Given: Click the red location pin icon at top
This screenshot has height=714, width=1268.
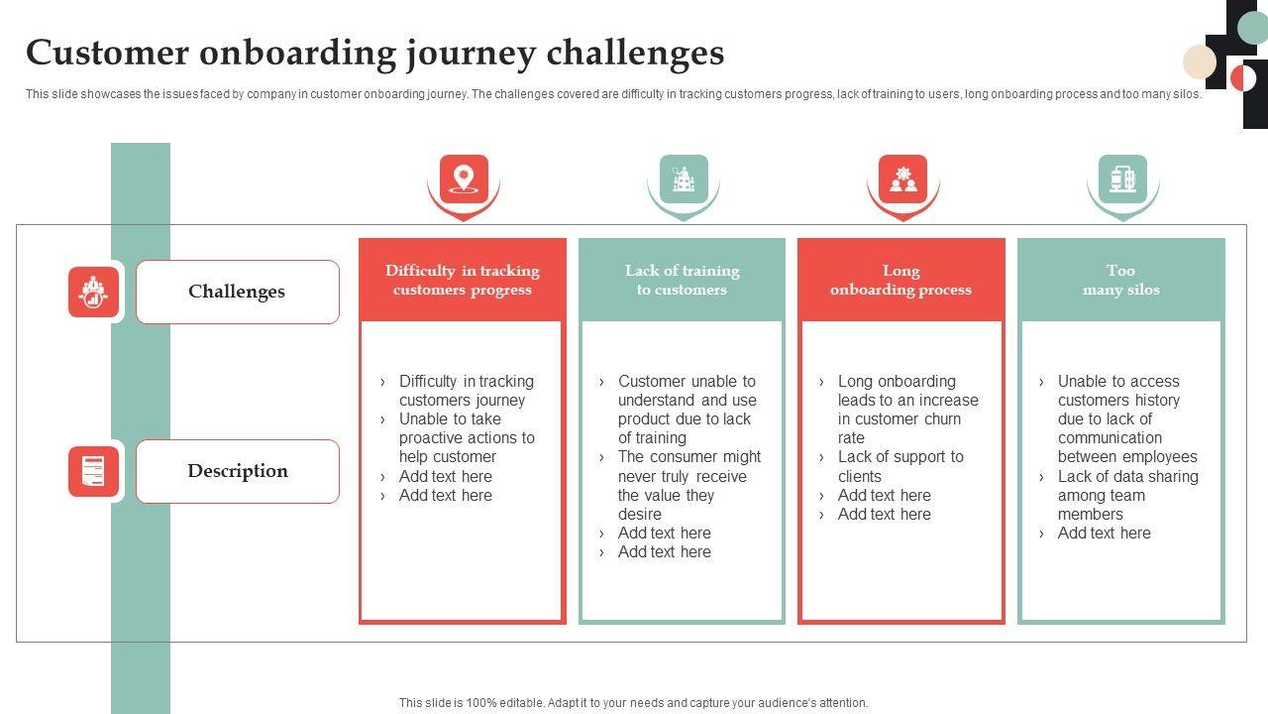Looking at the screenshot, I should coord(464,179).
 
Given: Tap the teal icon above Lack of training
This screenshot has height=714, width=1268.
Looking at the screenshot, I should coord(684,179).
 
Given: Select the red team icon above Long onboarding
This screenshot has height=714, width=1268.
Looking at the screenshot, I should coord(902,179).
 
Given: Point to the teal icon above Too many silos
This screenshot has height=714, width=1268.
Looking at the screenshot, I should coord(1122,179).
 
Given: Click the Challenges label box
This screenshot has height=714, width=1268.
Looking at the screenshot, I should coord(237,292).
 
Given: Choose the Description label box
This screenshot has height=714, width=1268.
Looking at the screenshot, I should coord(238,471).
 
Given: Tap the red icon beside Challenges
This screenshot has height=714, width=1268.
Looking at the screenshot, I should coord(93,292).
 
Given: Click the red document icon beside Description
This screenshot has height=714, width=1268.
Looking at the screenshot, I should coord(93,471).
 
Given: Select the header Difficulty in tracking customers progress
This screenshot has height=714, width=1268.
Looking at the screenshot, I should coord(463,280).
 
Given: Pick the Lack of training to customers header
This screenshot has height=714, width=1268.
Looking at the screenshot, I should coord(682,280).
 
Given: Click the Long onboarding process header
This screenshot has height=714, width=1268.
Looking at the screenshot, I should coord(900,280).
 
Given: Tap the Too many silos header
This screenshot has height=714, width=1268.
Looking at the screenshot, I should coord(1120,280).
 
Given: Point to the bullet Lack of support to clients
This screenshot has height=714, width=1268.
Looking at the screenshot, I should coord(900,466).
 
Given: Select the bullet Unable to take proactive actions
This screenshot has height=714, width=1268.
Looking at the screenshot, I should coord(466,437).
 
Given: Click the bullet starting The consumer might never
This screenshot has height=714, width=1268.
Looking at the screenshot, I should coord(688,485).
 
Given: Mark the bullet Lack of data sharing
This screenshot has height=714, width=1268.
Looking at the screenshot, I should coord(1127,495).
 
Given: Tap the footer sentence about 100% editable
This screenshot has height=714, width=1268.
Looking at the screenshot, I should coord(633,703).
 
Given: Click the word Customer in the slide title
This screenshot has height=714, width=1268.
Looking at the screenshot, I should coord(107,53).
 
